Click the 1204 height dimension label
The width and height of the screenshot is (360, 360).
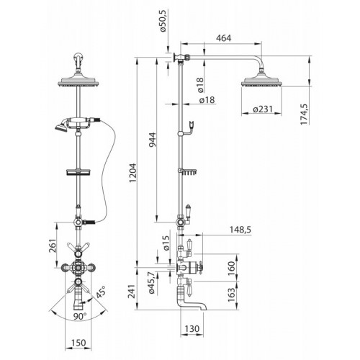(x=132, y=173)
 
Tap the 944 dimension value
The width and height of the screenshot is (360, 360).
(x=152, y=140)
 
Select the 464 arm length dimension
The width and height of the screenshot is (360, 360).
(x=224, y=38)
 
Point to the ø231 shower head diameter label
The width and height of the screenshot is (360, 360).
(x=263, y=109)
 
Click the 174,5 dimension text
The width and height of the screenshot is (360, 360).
(x=305, y=113)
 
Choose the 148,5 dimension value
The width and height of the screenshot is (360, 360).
(x=240, y=230)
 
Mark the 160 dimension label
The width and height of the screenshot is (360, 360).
(x=231, y=266)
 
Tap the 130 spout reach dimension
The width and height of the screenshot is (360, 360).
(x=192, y=328)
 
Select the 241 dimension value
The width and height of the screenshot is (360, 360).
(x=132, y=292)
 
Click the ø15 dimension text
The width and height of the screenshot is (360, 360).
(x=166, y=243)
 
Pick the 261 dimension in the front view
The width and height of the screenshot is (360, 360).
(x=53, y=246)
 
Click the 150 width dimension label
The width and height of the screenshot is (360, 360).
(x=78, y=343)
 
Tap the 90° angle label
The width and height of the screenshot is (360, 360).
(x=80, y=316)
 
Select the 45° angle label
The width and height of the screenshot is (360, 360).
(x=101, y=292)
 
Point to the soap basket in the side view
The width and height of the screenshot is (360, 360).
(x=188, y=171)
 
